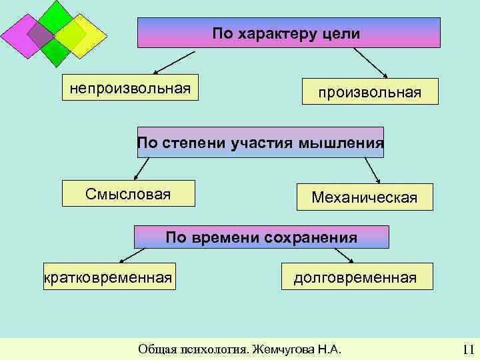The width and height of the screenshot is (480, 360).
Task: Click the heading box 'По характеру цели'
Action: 289,33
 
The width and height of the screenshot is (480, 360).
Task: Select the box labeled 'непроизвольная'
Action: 131,87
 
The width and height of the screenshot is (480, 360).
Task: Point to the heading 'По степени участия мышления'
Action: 260,142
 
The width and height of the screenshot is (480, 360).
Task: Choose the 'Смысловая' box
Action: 128,193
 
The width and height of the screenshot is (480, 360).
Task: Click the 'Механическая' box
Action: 364,197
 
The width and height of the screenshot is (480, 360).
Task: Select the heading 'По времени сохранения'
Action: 261,237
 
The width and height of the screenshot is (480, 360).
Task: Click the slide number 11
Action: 467,349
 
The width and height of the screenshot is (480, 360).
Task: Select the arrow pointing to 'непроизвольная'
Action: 172,63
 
